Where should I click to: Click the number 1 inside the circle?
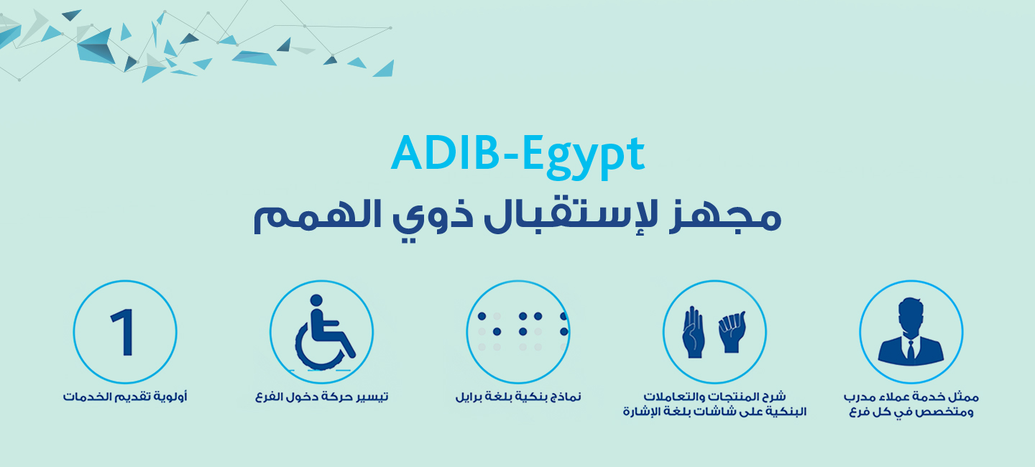pyautogui.click(x=124, y=332)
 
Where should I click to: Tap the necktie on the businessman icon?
pyautogui.click(x=911, y=349)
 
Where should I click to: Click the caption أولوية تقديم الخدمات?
pyautogui.click(x=125, y=397)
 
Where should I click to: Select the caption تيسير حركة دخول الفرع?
pyautogui.click(x=322, y=397)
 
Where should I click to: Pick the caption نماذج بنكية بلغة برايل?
pyautogui.click(x=518, y=397)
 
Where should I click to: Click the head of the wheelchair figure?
pyautogui.click(x=316, y=300)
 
